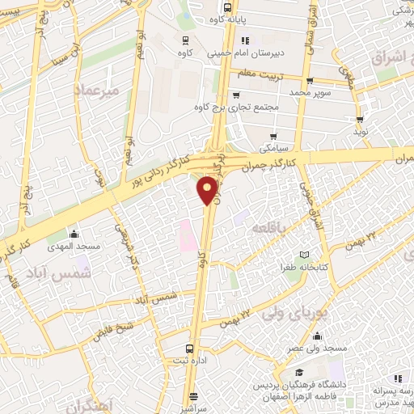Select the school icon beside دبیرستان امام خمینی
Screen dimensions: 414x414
[x=245, y=40]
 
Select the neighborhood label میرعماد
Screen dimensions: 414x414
[x=96, y=91]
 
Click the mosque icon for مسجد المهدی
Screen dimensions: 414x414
[x=75, y=235]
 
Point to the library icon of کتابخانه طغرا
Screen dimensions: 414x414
[x=304, y=256]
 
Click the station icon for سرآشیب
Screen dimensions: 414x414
[x=193, y=396]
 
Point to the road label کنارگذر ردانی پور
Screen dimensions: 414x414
[x=166, y=171]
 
